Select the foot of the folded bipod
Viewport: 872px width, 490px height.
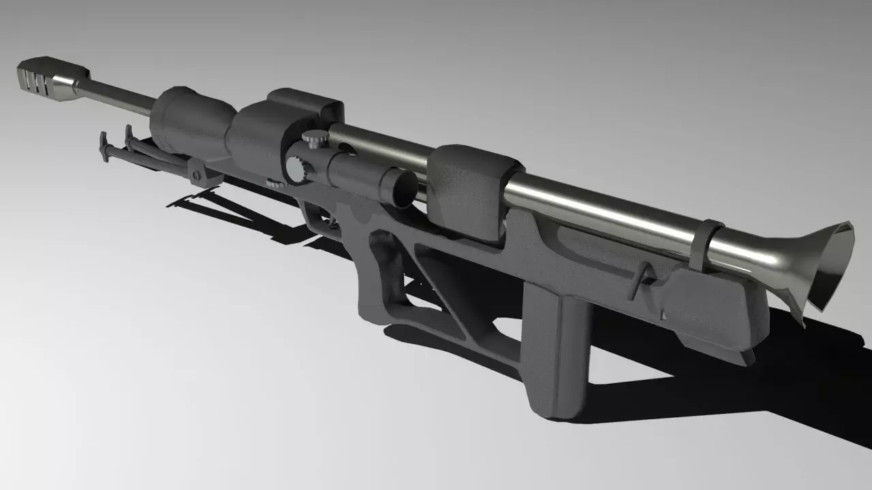coord(104,147)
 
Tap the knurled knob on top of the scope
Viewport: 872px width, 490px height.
coord(315,140)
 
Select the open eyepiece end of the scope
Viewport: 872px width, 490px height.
coord(401,187)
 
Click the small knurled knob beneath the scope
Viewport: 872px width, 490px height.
coord(275,183)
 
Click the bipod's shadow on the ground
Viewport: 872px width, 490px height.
coord(204,204)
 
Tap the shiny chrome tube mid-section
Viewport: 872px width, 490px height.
coord(599,211)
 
